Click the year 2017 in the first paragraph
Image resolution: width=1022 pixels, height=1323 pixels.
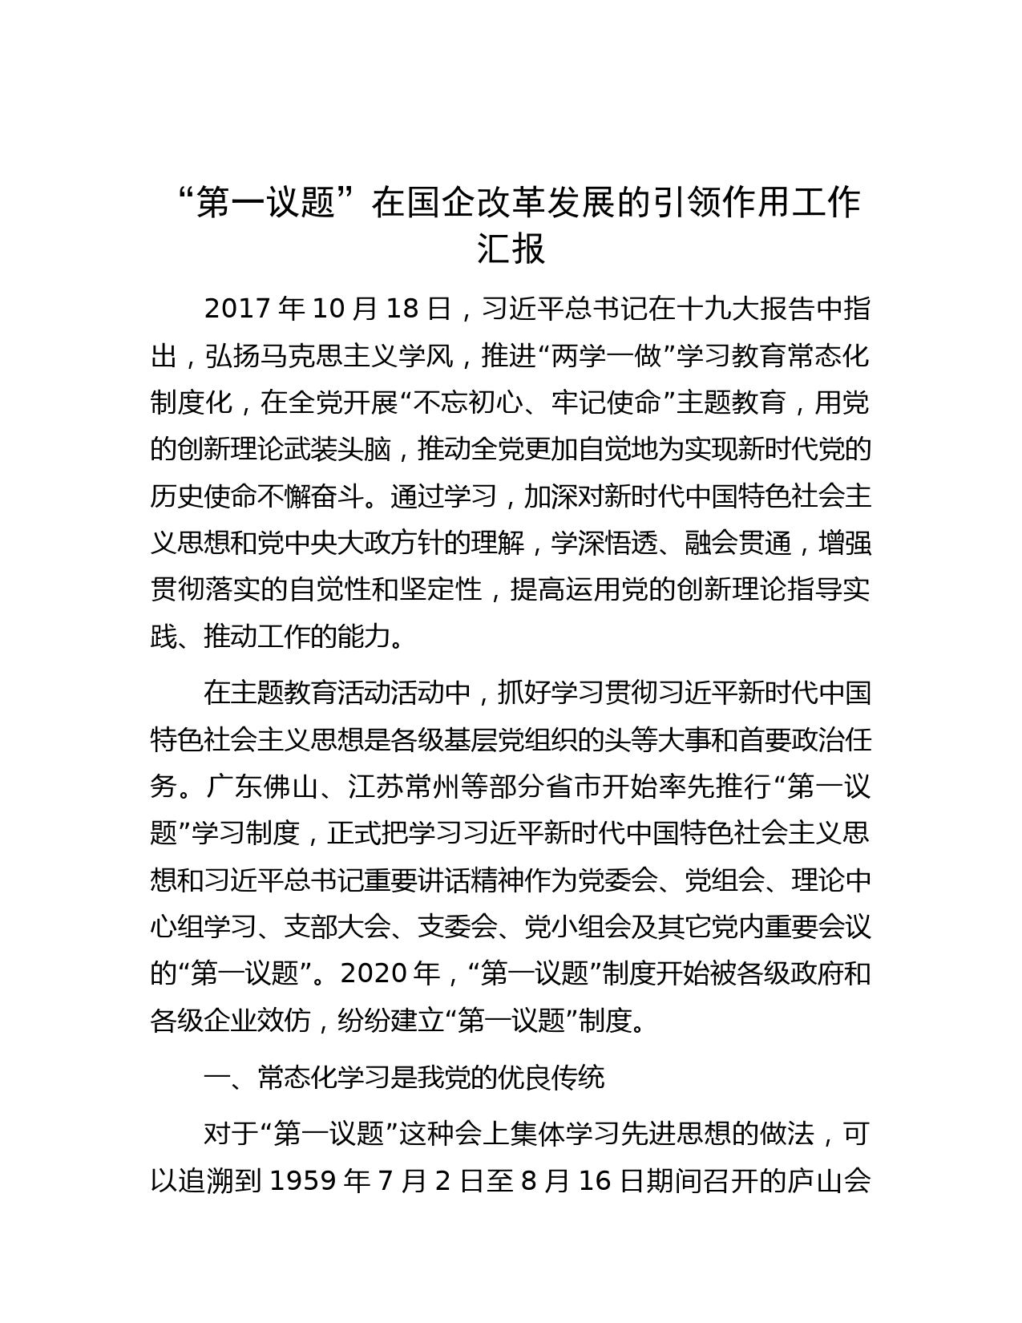point(237,310)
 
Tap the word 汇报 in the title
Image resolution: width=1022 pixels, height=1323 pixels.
point(511,249)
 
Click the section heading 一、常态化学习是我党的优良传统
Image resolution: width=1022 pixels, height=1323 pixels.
point(404,1078)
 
